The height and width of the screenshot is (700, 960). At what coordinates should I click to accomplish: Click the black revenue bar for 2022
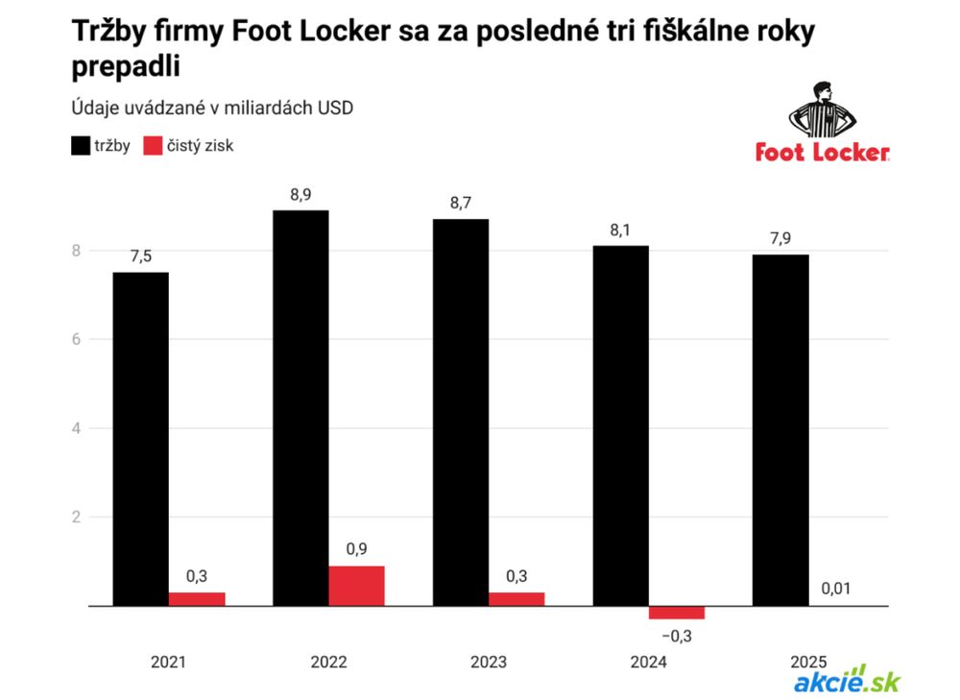300,407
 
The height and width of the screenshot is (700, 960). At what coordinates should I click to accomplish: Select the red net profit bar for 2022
356,586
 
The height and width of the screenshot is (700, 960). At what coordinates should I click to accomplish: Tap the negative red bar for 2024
676,613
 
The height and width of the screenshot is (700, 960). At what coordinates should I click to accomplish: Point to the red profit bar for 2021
197,598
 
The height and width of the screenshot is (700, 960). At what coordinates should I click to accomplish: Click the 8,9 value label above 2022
300,195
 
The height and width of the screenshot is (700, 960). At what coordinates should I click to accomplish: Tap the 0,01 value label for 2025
836,589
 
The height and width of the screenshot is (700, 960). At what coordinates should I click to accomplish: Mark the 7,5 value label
140,256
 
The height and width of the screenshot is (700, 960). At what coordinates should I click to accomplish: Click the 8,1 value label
620,230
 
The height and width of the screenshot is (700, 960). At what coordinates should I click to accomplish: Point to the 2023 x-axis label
489,662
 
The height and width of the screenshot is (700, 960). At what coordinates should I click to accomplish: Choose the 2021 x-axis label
168,662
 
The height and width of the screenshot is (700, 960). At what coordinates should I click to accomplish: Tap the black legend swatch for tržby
82,146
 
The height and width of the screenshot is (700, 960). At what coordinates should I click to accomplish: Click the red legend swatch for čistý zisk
156,146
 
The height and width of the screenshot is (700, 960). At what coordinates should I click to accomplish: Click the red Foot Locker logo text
822,153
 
